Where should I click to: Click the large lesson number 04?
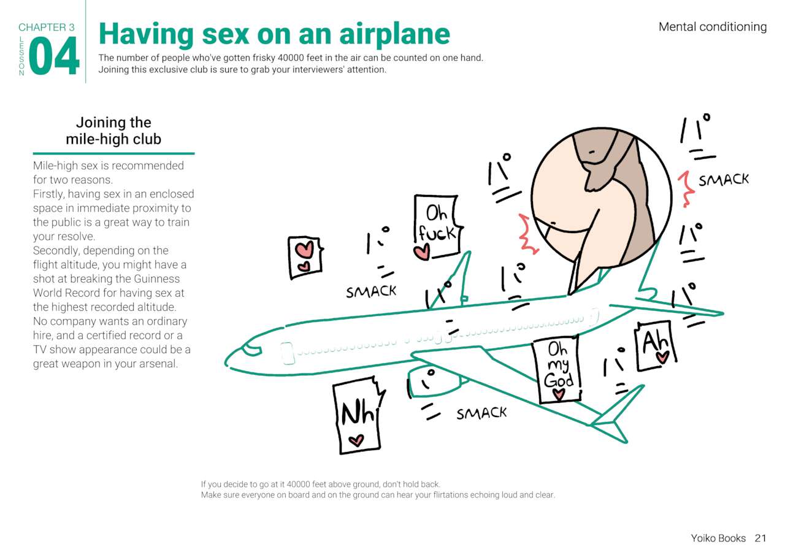(54, 56)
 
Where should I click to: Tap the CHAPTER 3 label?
(47, 27)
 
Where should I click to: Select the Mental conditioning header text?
(712, 26)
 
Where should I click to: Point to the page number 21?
(760, 538)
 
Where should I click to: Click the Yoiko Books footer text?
(718, 538)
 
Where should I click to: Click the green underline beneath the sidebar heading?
(113, 153)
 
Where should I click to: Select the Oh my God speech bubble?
(557, 371)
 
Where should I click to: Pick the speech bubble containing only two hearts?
(304, 257)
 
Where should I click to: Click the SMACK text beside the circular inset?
(724, 180)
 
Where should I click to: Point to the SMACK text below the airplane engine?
(481, 414)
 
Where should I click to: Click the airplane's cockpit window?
(250, 350)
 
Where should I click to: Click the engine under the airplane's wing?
(437, 381)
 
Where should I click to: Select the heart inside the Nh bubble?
(356, 440)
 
